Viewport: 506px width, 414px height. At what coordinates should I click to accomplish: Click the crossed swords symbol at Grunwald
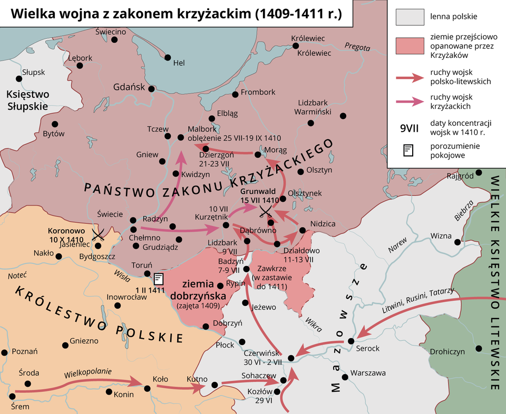tap(266, 212)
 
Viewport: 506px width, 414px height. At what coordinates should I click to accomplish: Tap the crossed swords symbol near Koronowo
tap(98, 234)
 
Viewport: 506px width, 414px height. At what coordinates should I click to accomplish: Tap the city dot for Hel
tap(168, 57)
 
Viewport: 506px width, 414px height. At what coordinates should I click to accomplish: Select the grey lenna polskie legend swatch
tap(410, 17)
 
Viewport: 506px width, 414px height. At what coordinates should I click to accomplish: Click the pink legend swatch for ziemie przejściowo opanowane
tap(410, 46)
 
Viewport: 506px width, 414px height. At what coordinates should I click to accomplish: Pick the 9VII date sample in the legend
tap(410, 127)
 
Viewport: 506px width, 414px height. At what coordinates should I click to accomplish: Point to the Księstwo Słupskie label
tap(27, 100)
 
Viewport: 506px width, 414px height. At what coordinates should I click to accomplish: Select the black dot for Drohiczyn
tap(479, 348)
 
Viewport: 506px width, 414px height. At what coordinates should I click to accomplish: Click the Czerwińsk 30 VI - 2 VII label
tap(263, 358)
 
